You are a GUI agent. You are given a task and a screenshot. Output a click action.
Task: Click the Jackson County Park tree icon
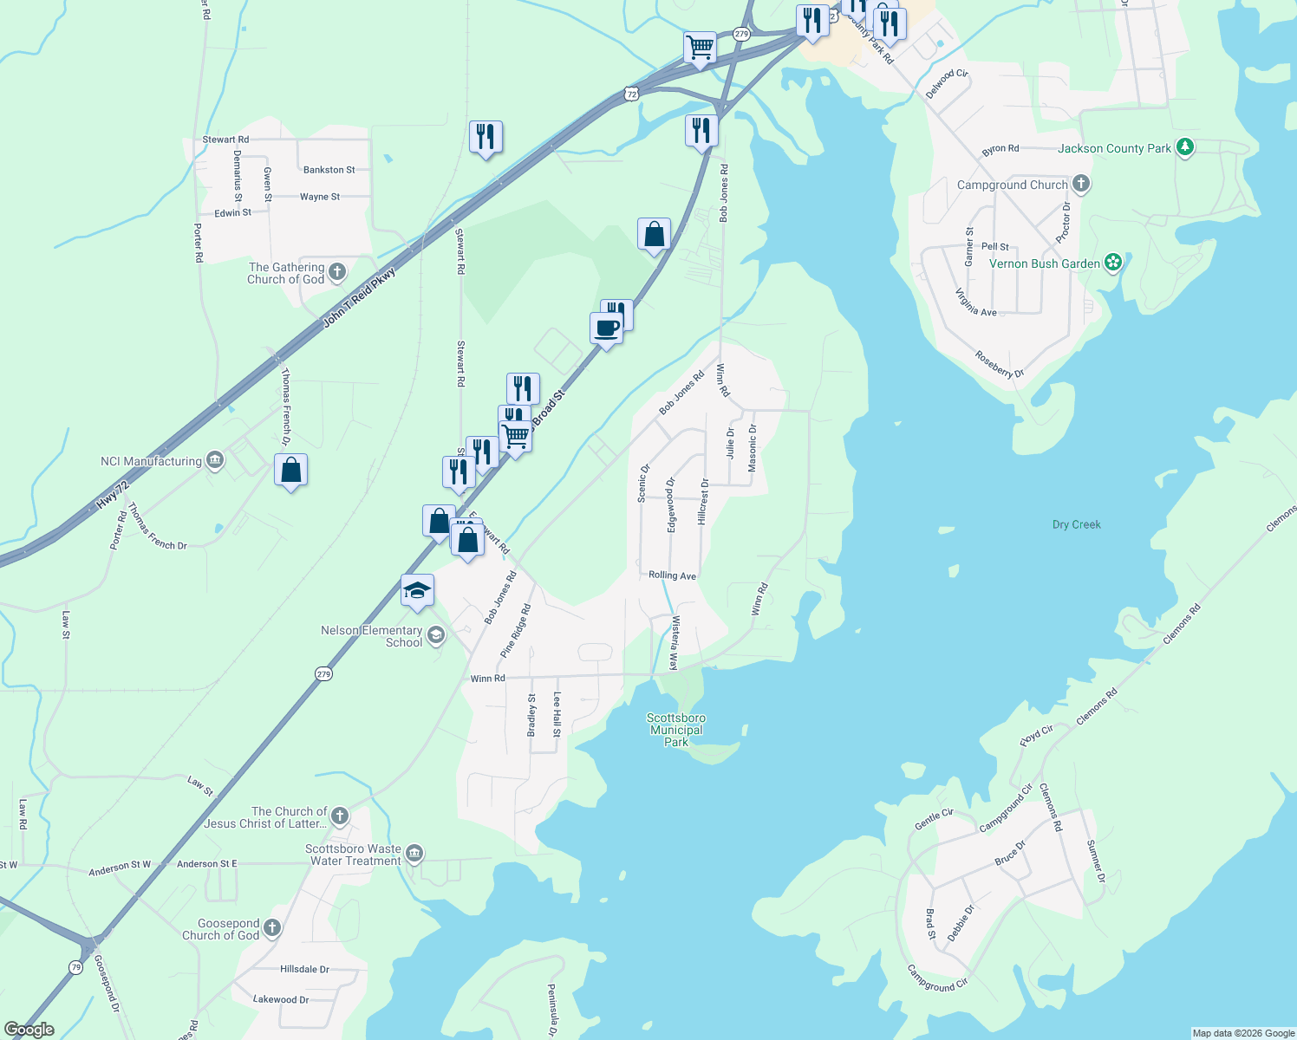pyautogui.click(x=1185, y=147)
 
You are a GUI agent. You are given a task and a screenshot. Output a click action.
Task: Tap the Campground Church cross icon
pyautogui.click(x=1080, y=184)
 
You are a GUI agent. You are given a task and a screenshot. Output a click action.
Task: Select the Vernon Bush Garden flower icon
pyautogui.click(x=1113, y=263)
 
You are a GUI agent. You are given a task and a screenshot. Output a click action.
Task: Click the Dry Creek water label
pyautogui.click(x=1076, y=524)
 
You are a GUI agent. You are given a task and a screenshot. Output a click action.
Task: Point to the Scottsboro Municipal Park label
pyautogui.click(x=676, y=730)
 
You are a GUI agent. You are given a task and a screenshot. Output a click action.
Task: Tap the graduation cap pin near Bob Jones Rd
pyautogui.click(x=417, y=591)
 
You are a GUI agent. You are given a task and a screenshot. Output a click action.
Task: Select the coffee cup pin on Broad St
pyautogui.click(x=606, y=329)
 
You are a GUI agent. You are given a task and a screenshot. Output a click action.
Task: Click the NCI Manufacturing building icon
pyautogui.click(x=214, y=461)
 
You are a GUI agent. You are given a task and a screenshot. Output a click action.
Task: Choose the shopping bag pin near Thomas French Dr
pyautogui.click(x=290, y=471)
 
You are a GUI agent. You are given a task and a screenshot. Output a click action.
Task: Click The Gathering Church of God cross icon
pyautogui.click(x=337, y=272)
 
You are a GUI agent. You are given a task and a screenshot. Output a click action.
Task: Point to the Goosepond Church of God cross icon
pyautogui.click(x=272, y=929)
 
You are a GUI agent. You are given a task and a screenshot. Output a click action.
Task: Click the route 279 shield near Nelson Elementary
pyautogui.click(x=323, y=673)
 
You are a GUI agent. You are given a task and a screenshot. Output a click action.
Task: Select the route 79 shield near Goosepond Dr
pyautogui.click(x=76, y=967)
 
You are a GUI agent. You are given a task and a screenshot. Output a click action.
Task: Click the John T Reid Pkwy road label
pyautogui.click(x=359, y=298)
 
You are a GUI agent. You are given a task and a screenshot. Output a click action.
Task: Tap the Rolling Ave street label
pyautogui.click(x=672, y=575)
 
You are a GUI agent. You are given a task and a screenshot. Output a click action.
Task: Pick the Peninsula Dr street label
pyautogui.click(x=551, y=1009)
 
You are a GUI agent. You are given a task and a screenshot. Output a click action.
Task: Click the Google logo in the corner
pyautogui.click(x=29, y=1030)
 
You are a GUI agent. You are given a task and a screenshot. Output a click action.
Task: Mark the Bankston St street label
pyautogui.click(x=329, y=170)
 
